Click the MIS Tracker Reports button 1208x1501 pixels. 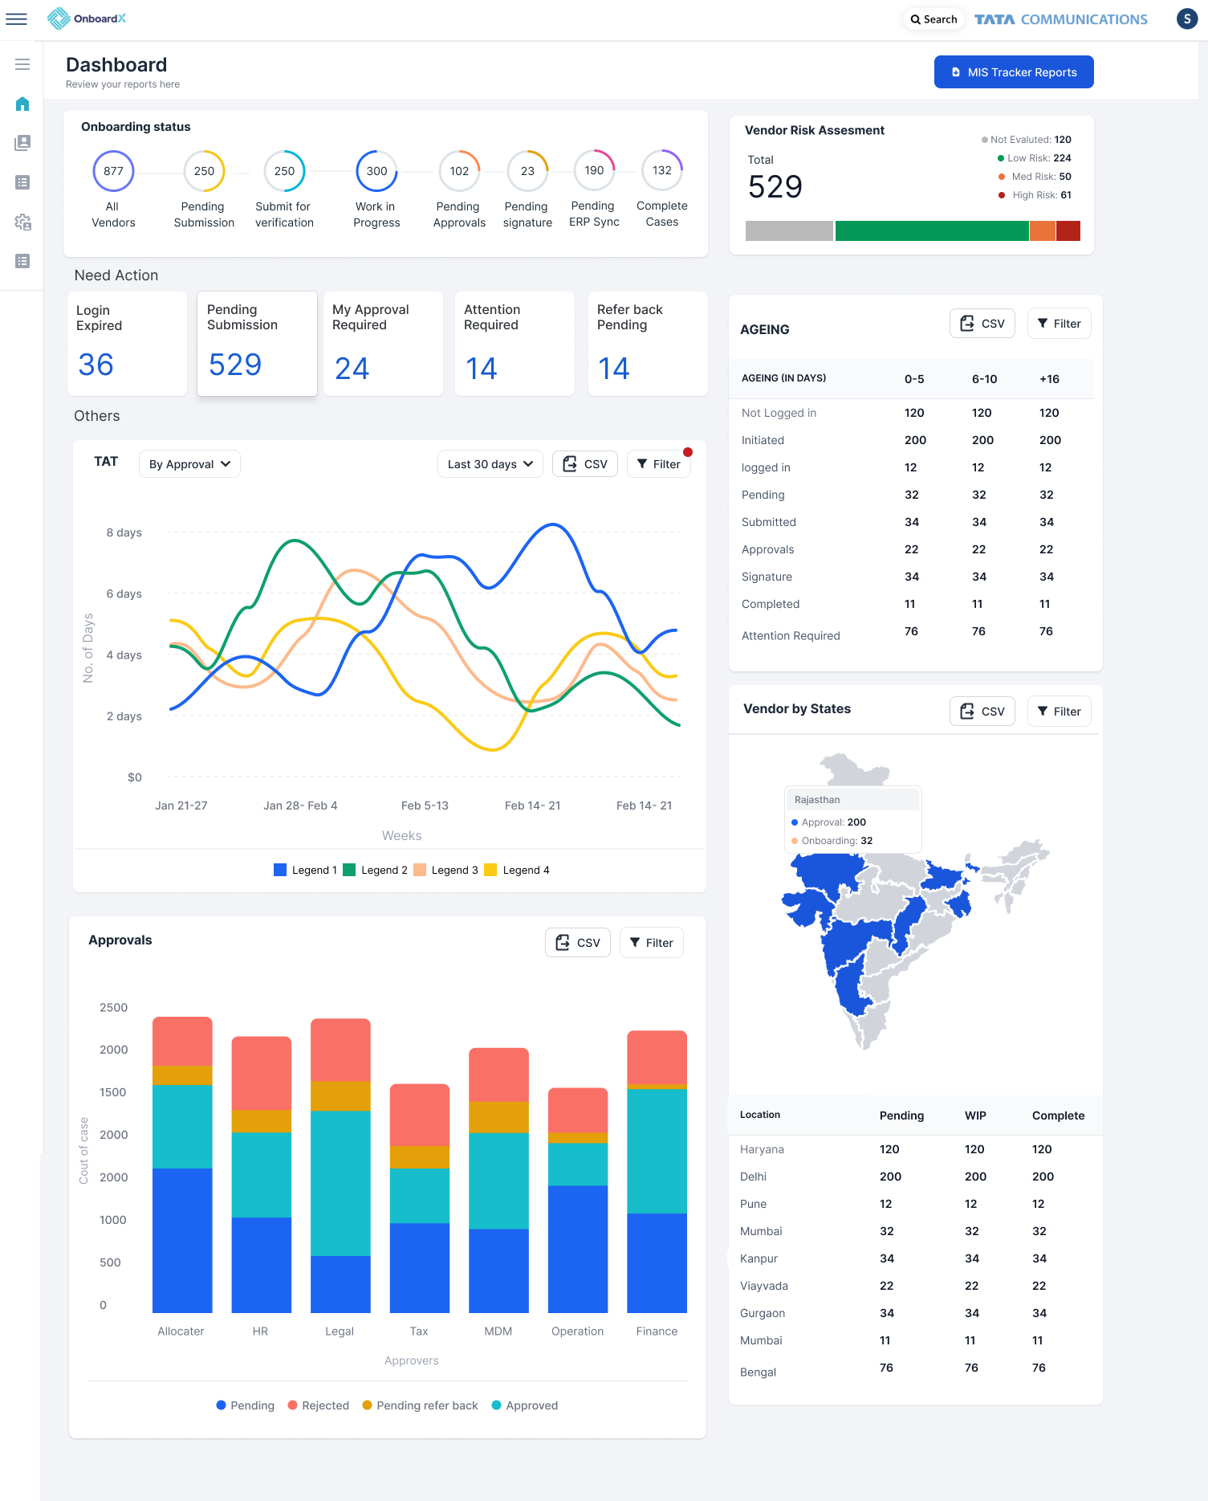point(1013,72)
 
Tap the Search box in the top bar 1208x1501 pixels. point(933,19)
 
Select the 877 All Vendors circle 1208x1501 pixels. point(113,171)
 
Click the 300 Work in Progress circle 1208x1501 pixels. point(376,171)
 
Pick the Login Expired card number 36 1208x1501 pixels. point(96,365)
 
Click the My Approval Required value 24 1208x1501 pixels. point(352,369)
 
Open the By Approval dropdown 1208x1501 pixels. point(189,464)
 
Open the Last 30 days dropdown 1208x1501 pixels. point(490,464)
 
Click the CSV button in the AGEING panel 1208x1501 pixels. point(982,324)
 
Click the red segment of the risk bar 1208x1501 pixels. point(1068,231)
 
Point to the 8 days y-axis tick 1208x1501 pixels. point(124,532)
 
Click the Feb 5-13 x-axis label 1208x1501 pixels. point(425,806)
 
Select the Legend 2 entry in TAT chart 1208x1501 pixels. point(375,870)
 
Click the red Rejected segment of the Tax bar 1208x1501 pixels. point(419,1115)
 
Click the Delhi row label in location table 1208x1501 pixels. point(753,1177)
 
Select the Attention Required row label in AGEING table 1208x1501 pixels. point(790,635)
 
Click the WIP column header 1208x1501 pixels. point(975,1116)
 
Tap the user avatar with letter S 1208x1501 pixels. point(1186,19)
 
